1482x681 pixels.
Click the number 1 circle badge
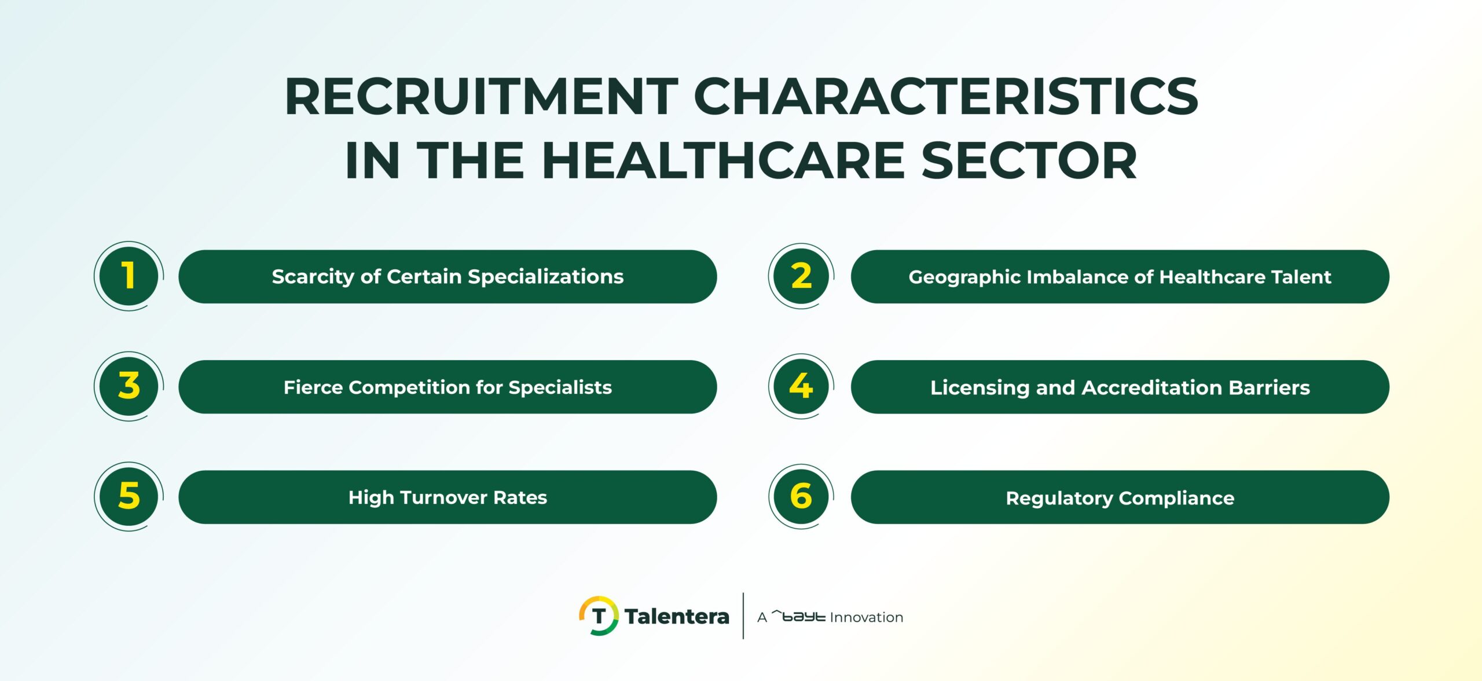(x=129, y=276)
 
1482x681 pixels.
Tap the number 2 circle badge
(x=801, y=276)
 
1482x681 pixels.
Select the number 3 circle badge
(x=129, y=386)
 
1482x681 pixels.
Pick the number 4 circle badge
(x=801, y=386)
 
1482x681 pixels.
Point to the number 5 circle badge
(x=129, y=496)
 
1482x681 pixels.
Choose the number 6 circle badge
(x=801, y=496)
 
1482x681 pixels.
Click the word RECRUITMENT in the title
(x=481, y=97)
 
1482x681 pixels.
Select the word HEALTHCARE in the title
(x=723, y=160)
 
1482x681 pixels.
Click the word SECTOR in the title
(x=1029, y=160)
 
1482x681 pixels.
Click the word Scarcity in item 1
(x=313, y=277)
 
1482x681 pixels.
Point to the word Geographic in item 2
(x=964, y=277)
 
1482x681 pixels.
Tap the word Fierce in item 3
(x=313, y=387)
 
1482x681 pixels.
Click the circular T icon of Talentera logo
(x=599, y=616)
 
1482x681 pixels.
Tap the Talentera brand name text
(x=677, y=617)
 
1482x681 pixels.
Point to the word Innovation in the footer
(x=866, y=617)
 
